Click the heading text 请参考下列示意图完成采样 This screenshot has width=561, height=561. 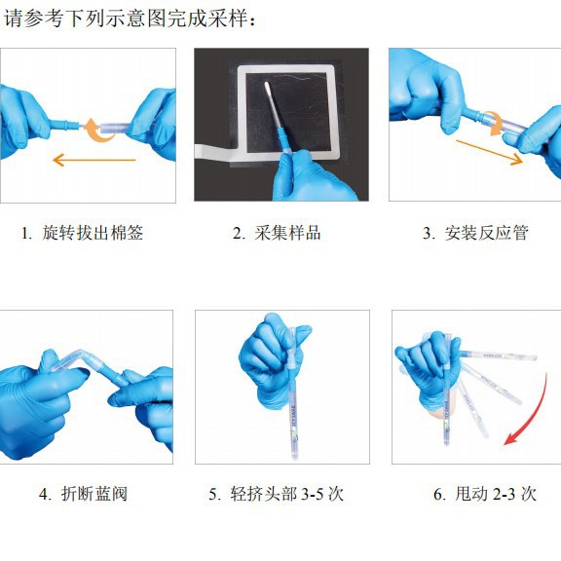[126, 18]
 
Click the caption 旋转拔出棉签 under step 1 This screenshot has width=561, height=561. [93, 233]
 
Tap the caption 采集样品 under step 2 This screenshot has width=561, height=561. [287, 233]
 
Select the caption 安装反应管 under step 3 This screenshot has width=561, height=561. [487, 233]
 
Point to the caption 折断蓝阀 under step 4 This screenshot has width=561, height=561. [94, 494]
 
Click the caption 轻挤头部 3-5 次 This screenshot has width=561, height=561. [287, 494]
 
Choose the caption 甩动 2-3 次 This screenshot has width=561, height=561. [496, 494]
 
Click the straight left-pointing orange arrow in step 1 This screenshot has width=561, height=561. [94, 160]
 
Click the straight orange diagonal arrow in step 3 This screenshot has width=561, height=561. [489, 152]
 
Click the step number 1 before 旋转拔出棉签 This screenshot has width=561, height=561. [25, 234]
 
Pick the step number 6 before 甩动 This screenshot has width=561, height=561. [438, 495]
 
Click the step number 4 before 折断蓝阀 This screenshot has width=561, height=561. [45, 495]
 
